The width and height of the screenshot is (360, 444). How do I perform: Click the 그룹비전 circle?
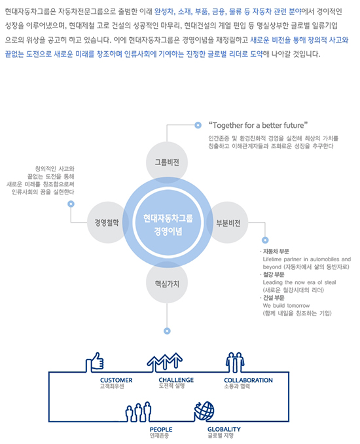[167, 162]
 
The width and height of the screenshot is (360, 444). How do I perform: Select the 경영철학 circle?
[107, 223]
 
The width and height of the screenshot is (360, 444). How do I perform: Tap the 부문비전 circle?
[228, 223]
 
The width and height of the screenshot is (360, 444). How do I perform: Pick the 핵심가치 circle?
[167, 283]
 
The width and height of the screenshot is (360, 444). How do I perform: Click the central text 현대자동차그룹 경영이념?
[168, 225]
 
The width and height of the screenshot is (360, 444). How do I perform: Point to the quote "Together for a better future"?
[258, 125]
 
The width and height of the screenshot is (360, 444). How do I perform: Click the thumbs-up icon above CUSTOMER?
[95, 362]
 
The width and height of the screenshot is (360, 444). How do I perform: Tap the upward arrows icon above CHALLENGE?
[165, 362]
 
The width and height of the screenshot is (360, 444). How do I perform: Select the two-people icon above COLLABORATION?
[235, 362]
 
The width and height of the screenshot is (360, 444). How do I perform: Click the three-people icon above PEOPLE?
[138, 412]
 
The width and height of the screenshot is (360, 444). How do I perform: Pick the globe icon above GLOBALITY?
[204, 411]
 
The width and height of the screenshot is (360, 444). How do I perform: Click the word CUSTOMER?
[117, 380]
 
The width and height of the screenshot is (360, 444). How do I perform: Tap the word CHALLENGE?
[176, 380]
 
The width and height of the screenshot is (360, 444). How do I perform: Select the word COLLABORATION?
[248, 380]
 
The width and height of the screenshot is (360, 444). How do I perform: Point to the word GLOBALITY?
[224, 430]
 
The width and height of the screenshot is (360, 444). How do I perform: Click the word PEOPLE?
[161, 430]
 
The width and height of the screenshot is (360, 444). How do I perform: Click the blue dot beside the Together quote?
[198, 125]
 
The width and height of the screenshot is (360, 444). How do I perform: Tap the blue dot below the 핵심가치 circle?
[167, 331]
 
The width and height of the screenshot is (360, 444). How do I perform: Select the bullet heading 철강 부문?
[274, 274]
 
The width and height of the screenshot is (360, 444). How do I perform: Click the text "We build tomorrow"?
[286, 306]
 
